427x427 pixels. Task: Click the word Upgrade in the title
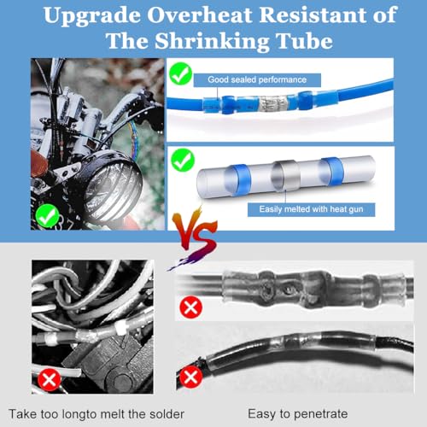coord(92,16)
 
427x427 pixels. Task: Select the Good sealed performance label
coord(257,79)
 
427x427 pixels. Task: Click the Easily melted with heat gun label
coord(311,209)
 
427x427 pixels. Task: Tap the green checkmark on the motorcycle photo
coord(47,216)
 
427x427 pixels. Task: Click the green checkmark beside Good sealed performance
coord(181,73)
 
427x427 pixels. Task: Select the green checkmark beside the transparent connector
coord(183,161)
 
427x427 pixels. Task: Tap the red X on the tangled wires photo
coord(50,379)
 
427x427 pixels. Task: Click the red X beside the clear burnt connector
coord(190,307)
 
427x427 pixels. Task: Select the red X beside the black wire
coord(190,377)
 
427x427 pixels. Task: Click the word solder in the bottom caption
coord(167,414)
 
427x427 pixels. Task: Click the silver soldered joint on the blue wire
coord(273,103)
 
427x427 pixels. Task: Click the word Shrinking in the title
coord(212,42)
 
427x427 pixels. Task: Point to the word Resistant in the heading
coord(313,15)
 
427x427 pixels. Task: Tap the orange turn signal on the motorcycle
coord(39,163)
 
